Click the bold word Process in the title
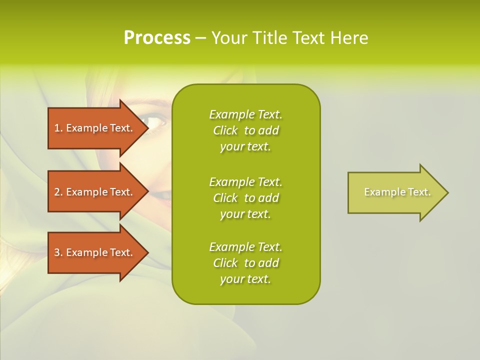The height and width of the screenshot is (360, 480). [x=157, y=38]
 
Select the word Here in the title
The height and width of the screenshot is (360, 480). [x=349, y=38]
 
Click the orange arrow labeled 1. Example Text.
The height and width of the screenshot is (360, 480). [x=98, y=128]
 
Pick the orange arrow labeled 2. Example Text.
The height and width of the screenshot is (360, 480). [x=98, y=191]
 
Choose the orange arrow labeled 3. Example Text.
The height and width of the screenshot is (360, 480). [x=98, y=252]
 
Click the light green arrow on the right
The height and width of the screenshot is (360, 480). [x=398, y=192]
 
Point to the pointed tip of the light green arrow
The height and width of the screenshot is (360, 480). [x=448, y=192]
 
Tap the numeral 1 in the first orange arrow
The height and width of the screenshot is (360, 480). [x=56, y=128]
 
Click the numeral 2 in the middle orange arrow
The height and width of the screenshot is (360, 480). [x=57, y=192]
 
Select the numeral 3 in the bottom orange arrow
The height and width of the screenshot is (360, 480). [x=57, y=252]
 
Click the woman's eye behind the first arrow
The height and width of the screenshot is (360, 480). [x=155, y=122]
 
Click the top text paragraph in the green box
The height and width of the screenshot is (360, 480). [x=246, y=130]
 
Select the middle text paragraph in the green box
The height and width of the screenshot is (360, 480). [x=246, y=198]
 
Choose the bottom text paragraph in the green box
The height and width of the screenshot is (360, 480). [x=246, y=263]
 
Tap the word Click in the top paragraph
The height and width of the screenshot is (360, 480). [x=225, y=130]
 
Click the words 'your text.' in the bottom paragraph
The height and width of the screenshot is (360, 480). [x=245, y=279]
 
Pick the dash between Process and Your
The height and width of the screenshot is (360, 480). [x=200, y=38]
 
